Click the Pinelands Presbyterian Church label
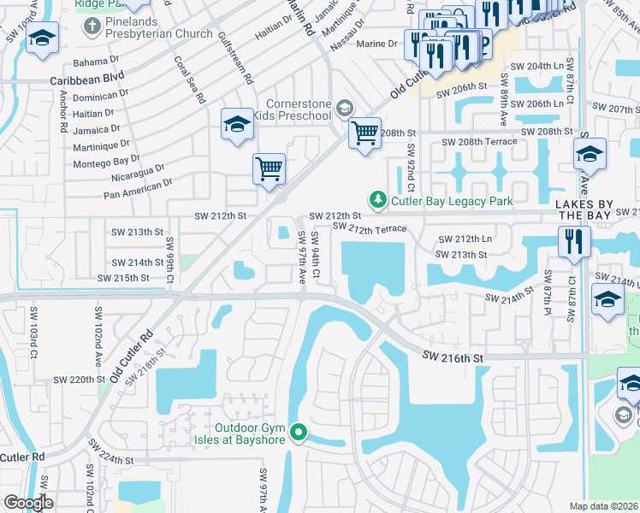click(x=158, y=33)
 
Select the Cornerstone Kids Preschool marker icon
click(x=345, y=108)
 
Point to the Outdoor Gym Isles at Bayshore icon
click(x=298, y=433)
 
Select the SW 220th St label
click(x=78, y=379)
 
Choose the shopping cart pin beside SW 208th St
click(x=365, y=133)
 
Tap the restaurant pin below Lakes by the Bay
click(x=573, y=240)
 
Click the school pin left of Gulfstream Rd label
click(x=237, y=125)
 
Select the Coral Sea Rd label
click(x=190, y=80)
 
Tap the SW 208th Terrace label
click(x=478, y=142)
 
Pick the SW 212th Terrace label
click(x=369, y=228)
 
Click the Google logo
click(x=28, y=503)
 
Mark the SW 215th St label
click(x=123, y=278)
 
